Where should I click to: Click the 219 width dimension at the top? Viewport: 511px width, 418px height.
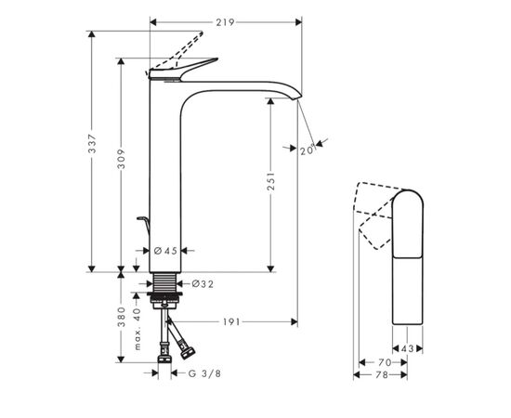tap(225, 22)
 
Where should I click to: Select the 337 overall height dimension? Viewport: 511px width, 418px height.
tap(92, 143)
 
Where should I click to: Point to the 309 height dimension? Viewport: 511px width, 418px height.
tap(121, 159)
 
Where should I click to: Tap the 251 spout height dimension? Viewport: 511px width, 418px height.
tap(270, 181)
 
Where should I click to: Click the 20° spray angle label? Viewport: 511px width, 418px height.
tap(308, 150)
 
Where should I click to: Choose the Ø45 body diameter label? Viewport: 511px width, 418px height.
tap(165, 251)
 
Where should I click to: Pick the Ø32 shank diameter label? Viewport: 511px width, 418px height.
tap(203, 284)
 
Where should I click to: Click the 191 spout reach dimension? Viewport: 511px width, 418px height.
tap(231, 322)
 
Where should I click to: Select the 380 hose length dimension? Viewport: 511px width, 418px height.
tap(121, 317)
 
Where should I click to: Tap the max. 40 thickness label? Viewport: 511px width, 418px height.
tap(138, 329)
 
